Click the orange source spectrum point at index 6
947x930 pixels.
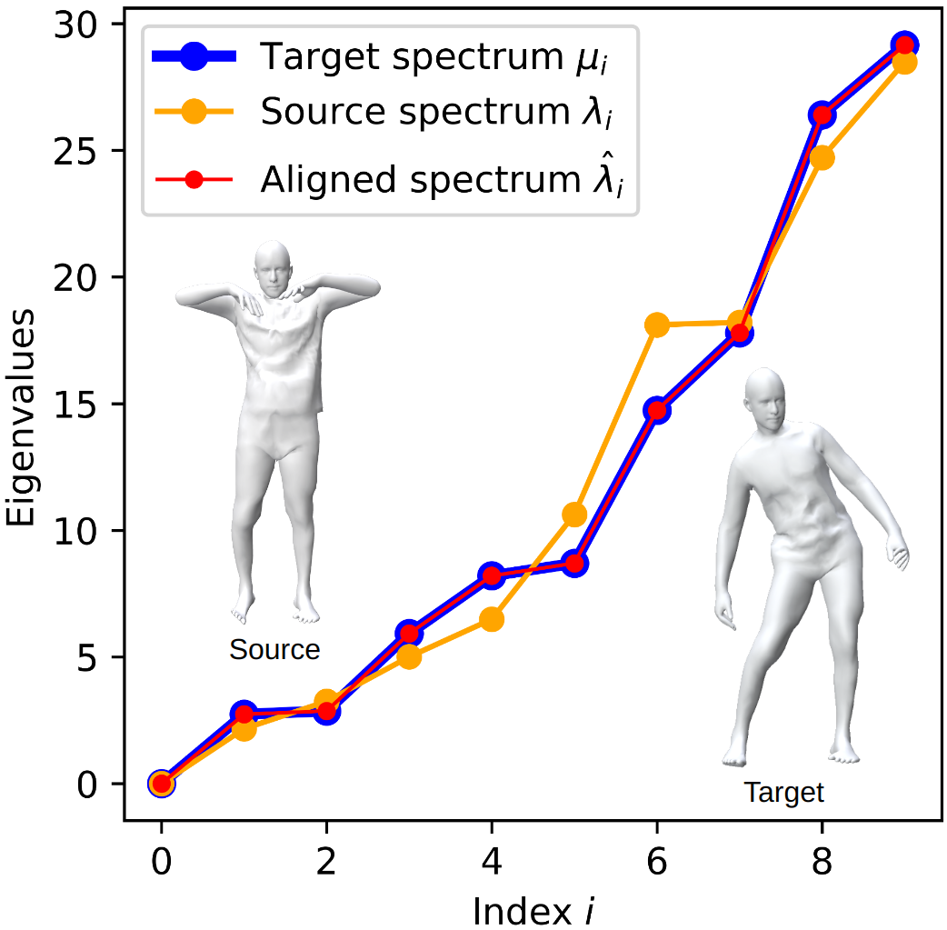657,325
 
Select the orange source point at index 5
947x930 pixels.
574,515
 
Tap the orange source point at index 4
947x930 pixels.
492,619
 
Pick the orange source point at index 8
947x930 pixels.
822,157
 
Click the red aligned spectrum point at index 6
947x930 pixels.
657,410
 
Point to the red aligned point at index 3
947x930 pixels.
409,634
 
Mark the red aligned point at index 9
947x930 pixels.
903,45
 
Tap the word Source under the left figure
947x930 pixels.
274,650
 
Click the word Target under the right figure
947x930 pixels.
783,792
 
